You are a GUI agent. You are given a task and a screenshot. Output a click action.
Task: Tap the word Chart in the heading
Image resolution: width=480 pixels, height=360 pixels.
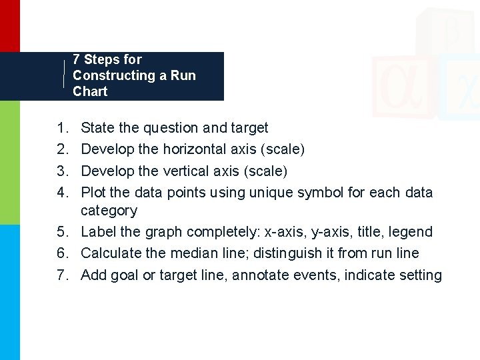(x=90, y=91)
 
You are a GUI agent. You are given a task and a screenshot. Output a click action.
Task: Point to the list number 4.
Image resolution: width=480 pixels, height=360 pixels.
(x=62, y=193)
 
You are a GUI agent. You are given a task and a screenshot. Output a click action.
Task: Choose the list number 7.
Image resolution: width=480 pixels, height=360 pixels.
(x=62, y=275)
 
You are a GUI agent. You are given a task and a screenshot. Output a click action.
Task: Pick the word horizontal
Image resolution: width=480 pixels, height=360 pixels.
(x=189, y=149)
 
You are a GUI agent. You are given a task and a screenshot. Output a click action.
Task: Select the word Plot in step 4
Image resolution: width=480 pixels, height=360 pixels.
(x=93, y=193)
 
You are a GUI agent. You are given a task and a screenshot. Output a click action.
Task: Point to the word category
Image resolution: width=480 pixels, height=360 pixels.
(x=109, y=211)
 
